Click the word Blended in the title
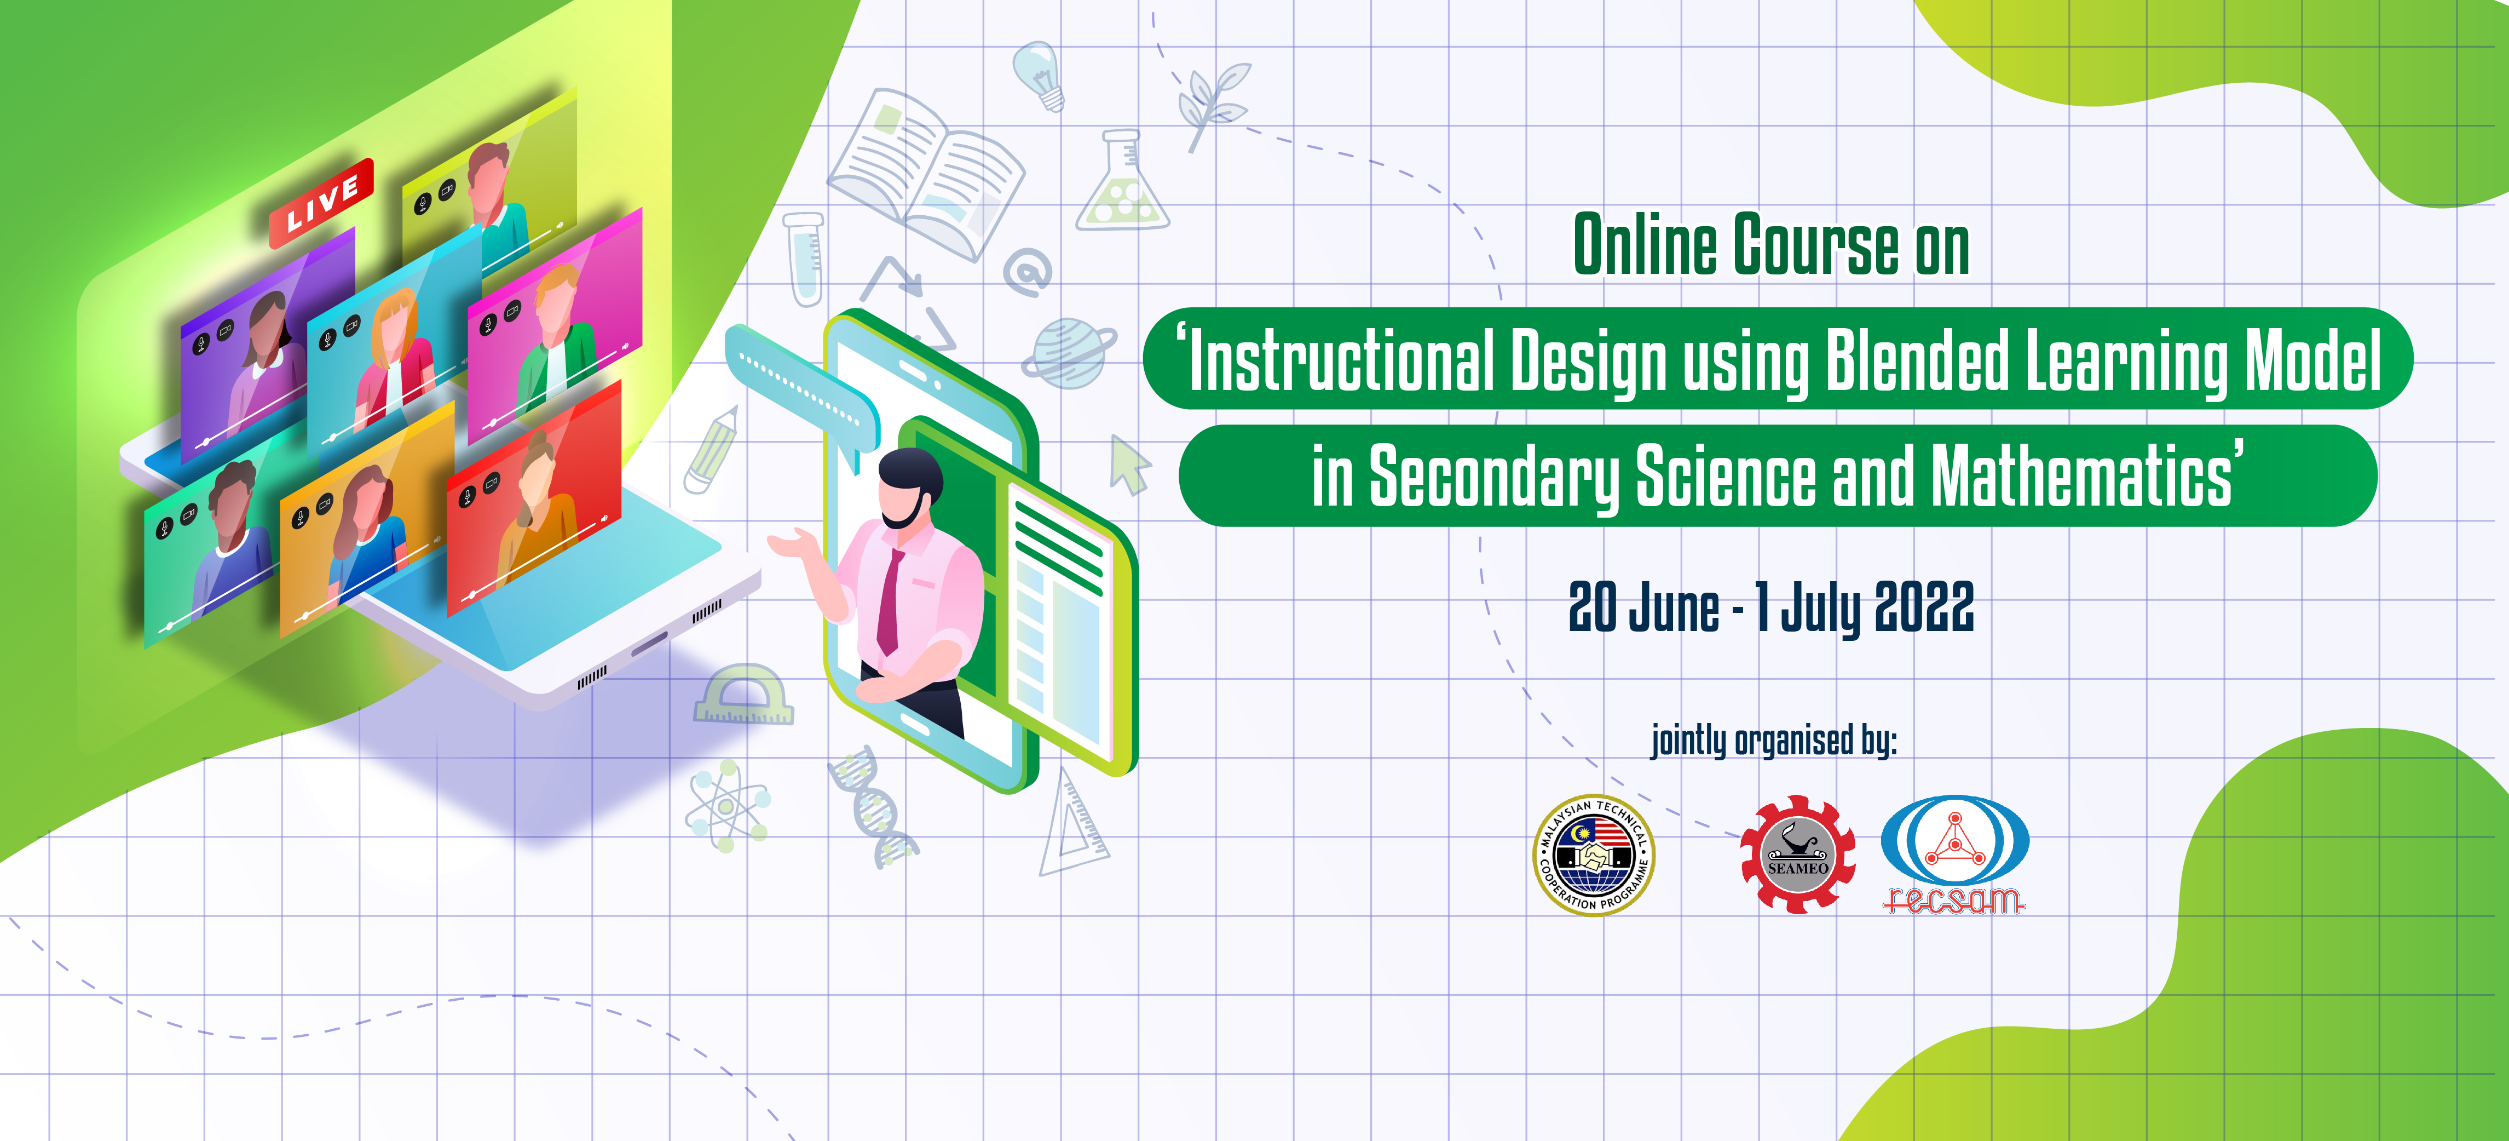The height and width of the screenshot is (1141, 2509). click(1917, 360)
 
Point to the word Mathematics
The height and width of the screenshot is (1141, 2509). click(2081, 475)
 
